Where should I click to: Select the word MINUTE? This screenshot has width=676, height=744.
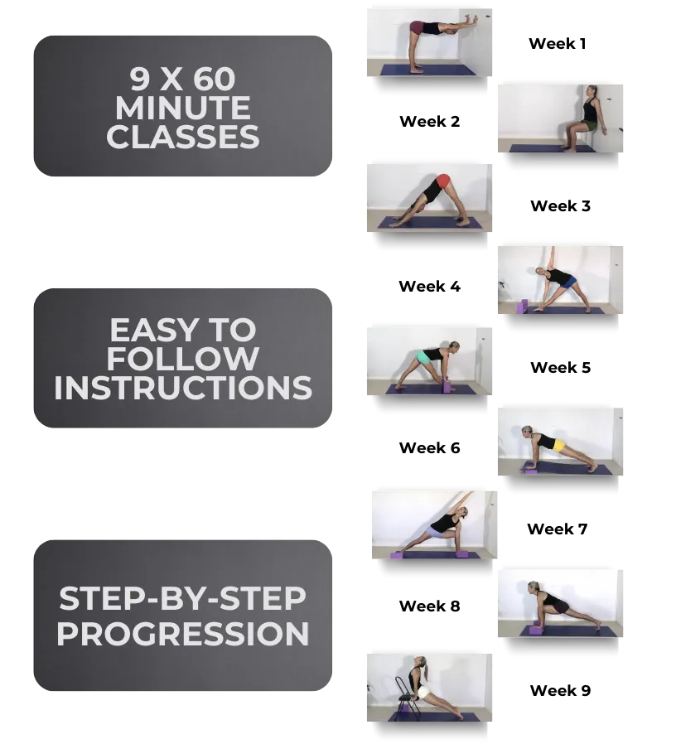183,109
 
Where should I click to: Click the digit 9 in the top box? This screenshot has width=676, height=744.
139,80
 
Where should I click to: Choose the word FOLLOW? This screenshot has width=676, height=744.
183,360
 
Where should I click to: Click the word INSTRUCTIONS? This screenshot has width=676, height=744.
183,388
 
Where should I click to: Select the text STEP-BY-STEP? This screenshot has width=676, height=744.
183,597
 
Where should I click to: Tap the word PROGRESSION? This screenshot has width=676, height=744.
183,635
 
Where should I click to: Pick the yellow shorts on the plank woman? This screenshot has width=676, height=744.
558,446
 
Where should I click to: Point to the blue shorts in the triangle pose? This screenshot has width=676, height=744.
567,283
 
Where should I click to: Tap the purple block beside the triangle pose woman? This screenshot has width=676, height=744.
522,306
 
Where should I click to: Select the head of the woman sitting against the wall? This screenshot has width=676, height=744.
591,92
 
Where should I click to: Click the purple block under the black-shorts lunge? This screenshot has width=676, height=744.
537,630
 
